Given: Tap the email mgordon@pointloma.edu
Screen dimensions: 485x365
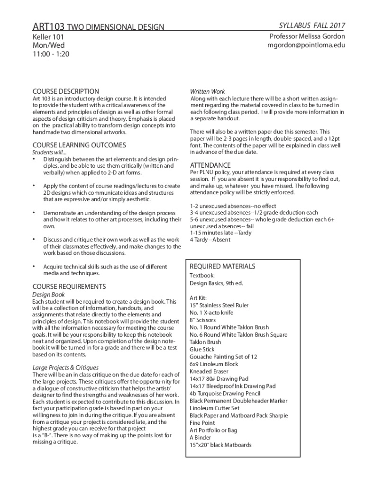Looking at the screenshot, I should click(306, 45).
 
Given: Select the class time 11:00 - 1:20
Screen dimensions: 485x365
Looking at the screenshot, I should click(51, 54).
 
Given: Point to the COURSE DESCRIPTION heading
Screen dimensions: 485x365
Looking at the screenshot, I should click(65, 91).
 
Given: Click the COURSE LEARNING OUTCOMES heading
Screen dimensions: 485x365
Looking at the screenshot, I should click(79, 145).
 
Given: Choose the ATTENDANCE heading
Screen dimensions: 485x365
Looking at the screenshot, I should click(210, 165).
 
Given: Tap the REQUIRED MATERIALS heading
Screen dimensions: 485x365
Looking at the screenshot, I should click(222, 266).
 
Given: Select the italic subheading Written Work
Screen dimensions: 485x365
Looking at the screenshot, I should click(208, 91).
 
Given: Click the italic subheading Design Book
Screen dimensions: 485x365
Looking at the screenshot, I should click(48, 294).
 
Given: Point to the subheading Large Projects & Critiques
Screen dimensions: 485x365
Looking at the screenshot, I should click(65, 368).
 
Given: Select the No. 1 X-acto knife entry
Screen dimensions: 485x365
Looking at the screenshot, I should click(211, 313).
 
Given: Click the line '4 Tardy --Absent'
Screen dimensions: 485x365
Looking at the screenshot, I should click(210, 240).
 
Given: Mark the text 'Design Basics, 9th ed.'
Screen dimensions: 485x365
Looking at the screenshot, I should click(216, 283).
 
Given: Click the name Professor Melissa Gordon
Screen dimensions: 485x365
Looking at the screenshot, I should click(307, 36).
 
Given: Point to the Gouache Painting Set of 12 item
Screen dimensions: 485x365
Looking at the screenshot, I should click(223, 357).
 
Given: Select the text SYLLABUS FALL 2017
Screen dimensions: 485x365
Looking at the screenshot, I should click(312, 25).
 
